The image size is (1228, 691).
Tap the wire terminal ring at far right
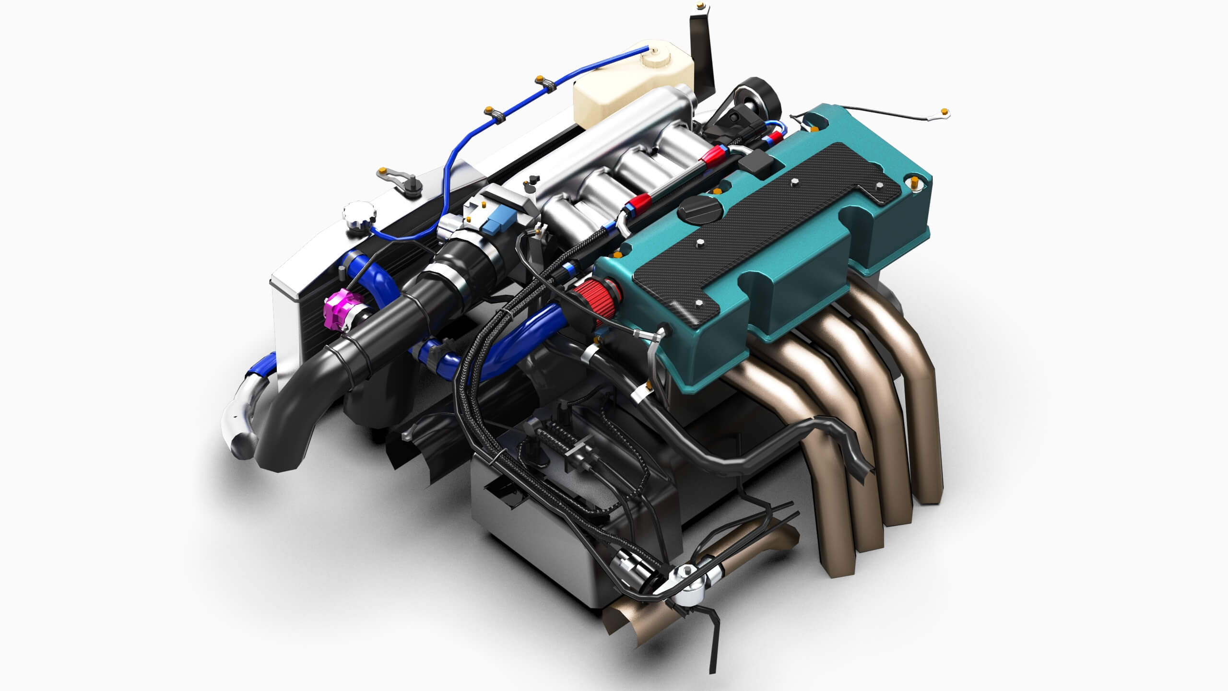[x=945, y=113]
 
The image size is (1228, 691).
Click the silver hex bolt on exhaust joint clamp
[x=687, y=571]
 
